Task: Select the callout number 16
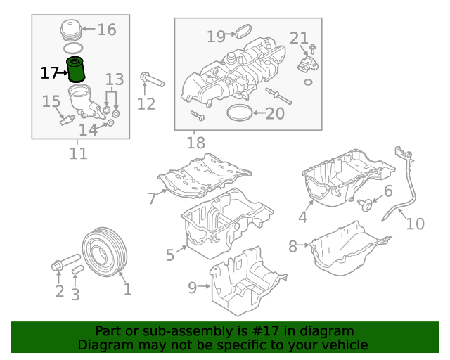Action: [x=106, y=30]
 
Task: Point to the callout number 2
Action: [x=60, y=291]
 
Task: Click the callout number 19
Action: [x=216, y=36]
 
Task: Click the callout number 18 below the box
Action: [x=195, y=143]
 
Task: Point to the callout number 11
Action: [x=79, y=153]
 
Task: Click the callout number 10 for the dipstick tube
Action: [x=416, y=224]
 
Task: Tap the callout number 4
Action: [x=302, y=217]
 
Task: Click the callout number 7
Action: [x=152, y=198]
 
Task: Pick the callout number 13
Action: [x=115, y=79]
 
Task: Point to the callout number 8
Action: [x=292, y=246]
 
